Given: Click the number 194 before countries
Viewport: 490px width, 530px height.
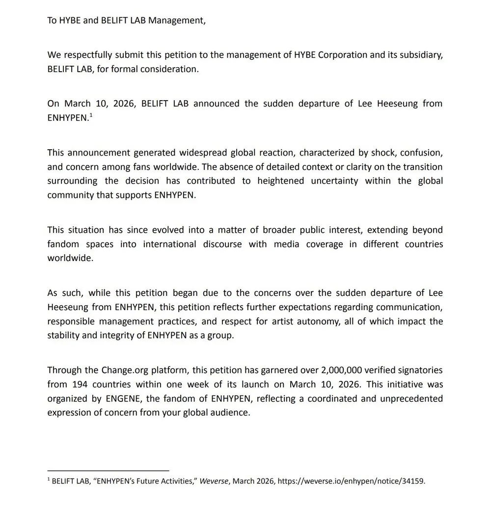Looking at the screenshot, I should pyautogui.click(x=76, y=384).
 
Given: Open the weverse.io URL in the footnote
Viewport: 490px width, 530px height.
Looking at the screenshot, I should pyautogui.click(x=352, y=481).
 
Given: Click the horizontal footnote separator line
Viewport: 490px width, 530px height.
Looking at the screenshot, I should pyautogui.click(x=108, y=470).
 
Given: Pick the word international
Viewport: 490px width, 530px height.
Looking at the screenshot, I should pyautogui.click(x=169, y=244).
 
